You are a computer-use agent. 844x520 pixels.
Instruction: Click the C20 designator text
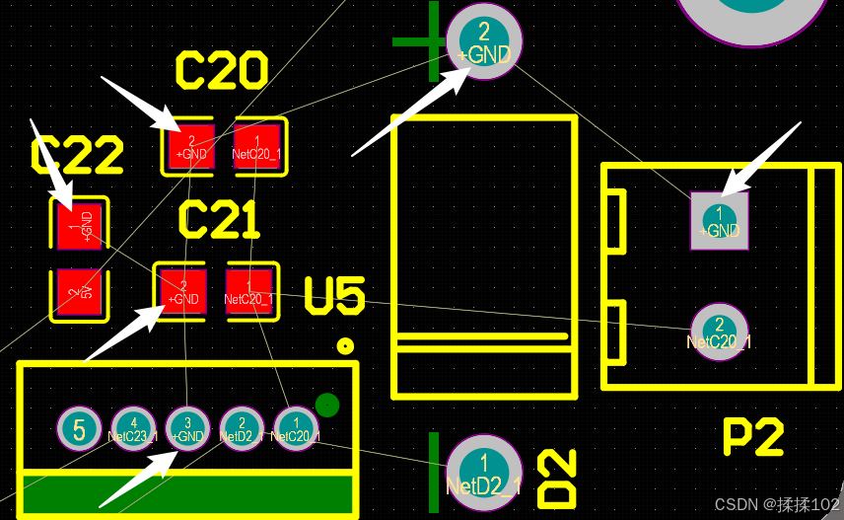pyautogui.click(x=221, y=71)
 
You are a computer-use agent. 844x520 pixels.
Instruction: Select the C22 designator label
pyautogui.click(x=77, y=156)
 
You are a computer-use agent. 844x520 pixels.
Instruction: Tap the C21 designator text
pyautogui.click(x=219, y=220)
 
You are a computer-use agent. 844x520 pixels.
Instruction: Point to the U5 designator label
pyautogui.click(x=334, y=296)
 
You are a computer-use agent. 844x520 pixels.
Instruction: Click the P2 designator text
pyautogui.click(x=753, y=436)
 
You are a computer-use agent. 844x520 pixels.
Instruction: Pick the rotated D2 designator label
pyautogui.click(x=557, y=480)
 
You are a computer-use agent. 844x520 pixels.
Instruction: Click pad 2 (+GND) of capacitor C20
pyautogui.click(x=190, y=147)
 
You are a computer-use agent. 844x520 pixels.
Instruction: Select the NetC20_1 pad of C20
pyautogui.click(x=258, y=147)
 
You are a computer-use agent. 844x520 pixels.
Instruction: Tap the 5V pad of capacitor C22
pyautogui.click(x=78, y=293)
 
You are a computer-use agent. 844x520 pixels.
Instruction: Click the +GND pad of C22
pyautogui.click(x=78, y=225)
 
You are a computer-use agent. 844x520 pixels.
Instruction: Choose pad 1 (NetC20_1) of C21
pyautogui.click(x=251, y=291)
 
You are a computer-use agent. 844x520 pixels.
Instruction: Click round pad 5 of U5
pyautogui.click(x=80, y=430)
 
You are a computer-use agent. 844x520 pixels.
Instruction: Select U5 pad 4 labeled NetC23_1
pyautogui.click(x=133, y=430)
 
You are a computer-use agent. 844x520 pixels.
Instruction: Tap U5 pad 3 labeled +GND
pyautogui.click(x=187, y=430)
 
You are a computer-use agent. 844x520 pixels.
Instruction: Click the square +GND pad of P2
pyautogui.click(x=719, y=220)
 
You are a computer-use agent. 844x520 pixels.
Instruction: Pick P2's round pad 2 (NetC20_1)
pyautogui.click(x=719, y=332)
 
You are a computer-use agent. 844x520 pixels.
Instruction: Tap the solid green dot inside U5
pyautogui.click(x=327, y=405)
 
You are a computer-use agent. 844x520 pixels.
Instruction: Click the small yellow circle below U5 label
pyautogui.click(x=345, y=345)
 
